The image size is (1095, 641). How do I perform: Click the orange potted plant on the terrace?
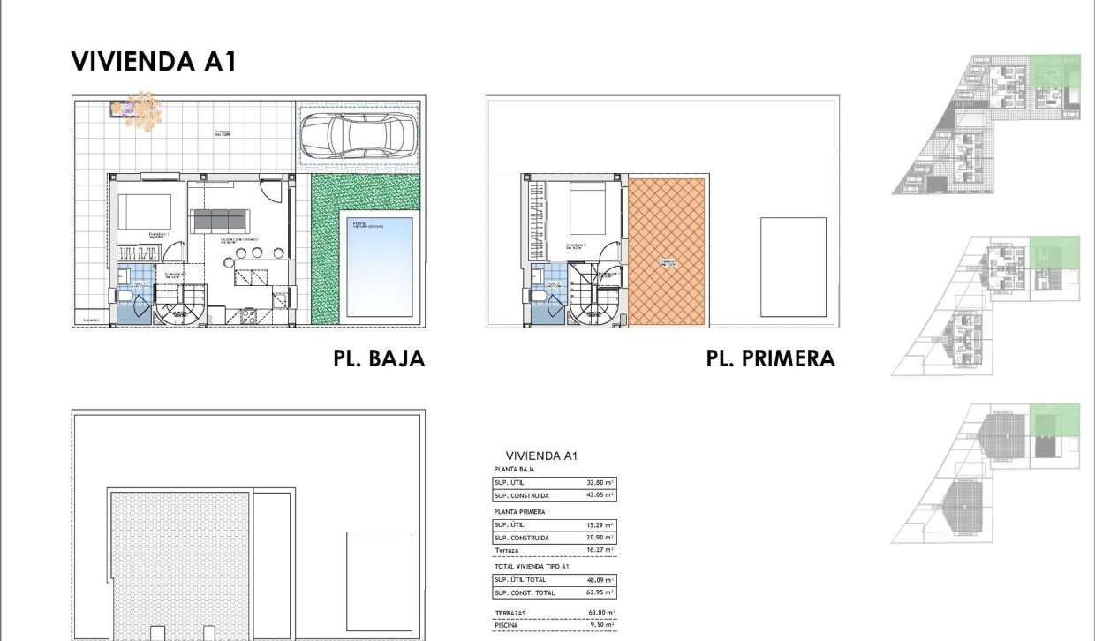142,109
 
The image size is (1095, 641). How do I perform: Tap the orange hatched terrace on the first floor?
667,252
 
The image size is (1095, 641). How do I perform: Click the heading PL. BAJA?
379,359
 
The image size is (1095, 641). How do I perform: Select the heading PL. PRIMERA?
770,359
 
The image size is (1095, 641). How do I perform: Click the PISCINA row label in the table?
508,625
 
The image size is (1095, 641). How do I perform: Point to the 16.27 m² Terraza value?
600,549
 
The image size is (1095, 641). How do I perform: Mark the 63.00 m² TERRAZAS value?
600,612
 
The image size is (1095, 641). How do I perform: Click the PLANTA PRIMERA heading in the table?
519,511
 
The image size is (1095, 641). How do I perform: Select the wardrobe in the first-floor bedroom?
532,221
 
